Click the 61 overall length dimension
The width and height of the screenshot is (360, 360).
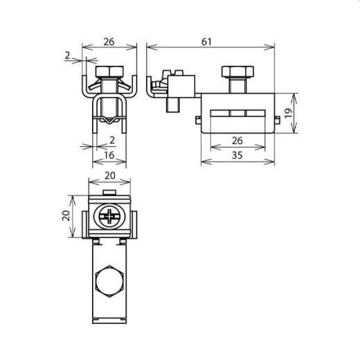[x=213, y=41]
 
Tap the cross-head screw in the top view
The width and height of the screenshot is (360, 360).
[x=111, y=217]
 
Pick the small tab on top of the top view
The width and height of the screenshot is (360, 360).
[x=111, y=192]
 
